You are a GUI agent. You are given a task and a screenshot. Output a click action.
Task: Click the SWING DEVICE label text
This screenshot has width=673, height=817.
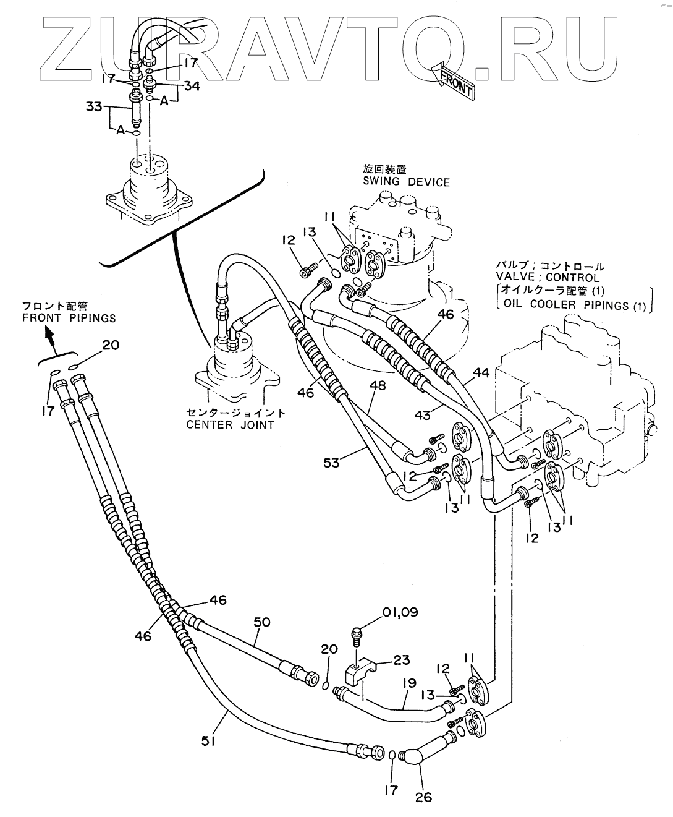[x=406, y=182]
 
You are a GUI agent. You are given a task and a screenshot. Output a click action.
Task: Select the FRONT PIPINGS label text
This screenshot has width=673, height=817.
[x=69, y=318]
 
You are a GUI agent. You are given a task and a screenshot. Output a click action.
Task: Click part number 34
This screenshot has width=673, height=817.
[x=192, y=86]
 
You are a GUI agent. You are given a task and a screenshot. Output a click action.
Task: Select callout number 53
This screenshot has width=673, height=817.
[x=332, y=461]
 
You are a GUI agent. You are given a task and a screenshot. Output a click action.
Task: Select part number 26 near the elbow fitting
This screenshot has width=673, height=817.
[x=424, y=797]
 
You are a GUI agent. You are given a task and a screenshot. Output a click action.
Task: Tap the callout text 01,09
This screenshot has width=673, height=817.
[x=399, y=612]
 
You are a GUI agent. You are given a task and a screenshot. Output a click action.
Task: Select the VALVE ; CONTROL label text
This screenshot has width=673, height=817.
[x=548, y=278]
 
